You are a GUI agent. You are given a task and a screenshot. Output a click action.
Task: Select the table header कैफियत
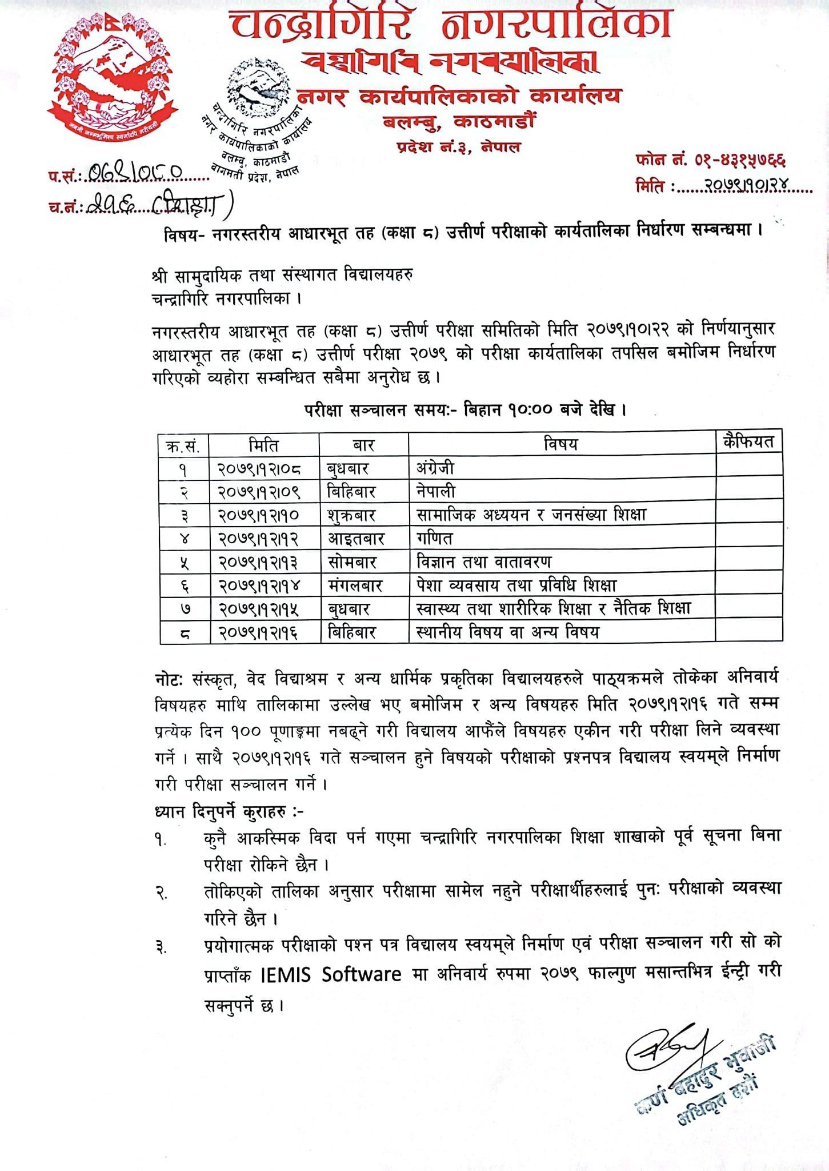point(748,442)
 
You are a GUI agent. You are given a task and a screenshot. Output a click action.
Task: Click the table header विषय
point(561,445)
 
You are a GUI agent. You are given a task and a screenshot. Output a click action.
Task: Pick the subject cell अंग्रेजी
point(436,468)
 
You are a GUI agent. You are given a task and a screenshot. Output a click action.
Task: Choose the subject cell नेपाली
point(436,492)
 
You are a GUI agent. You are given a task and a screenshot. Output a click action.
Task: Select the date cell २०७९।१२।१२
point(259,539)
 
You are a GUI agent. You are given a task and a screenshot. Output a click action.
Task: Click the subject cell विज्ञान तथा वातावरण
point(484,562)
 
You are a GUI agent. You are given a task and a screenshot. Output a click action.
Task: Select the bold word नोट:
point(168,679)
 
